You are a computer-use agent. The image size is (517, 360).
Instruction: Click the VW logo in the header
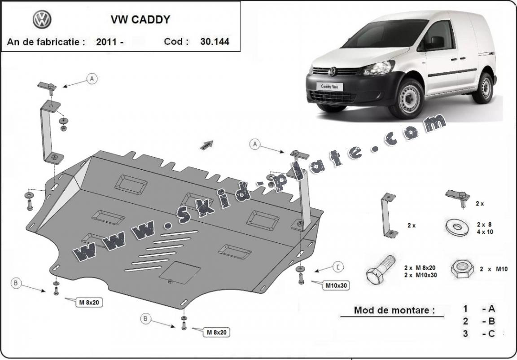point(42,20)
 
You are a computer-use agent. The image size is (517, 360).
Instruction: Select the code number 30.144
point(215,42)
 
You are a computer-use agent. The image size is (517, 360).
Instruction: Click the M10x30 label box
point(337,285)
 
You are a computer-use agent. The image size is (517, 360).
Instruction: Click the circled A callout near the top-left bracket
point(92,79)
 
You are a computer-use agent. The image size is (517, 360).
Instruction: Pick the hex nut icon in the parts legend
point(463,269)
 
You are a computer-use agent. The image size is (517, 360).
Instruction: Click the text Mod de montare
point(394,310)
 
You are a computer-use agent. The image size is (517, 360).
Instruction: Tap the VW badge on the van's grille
point(333,71)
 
